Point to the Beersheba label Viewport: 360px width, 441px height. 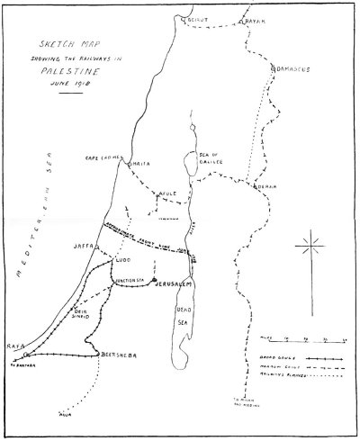[x=118, y=354]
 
